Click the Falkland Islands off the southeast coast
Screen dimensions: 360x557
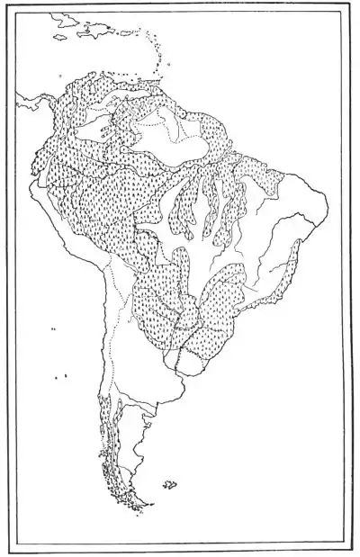[169, 485]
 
